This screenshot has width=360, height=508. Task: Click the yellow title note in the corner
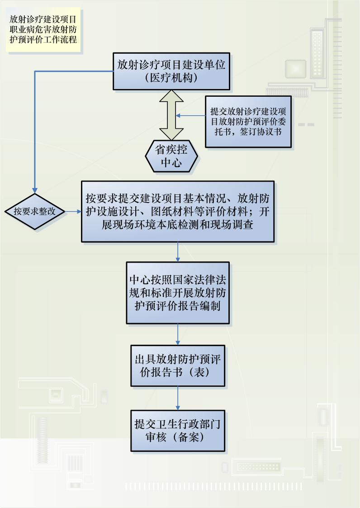pyautogui.click(x=43, y=30)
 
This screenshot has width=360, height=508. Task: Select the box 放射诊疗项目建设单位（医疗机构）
pyautogui.click(x=171, y=71)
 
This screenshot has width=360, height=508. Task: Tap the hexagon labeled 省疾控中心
pyautogui.click(x=171, y=156)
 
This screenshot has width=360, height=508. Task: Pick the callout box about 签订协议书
pyautogui.click(x=247, y=122)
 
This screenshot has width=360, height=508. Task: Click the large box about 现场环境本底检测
pyautogui.click(x=178, y=212)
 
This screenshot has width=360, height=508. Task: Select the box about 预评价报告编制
pyautogui.click(x=178, y=292)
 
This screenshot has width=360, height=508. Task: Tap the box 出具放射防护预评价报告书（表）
pyautogui.click(x=178, y=366)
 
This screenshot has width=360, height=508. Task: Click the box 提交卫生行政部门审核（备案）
pyautogui.click(x=178, y=431)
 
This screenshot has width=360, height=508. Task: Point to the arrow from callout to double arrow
pyautogui.click(x=190, y=116)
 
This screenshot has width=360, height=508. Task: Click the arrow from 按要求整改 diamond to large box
pyautogui.click(x=73, y=211)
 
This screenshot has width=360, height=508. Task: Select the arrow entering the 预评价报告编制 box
pyautogui.click(x=178, y=252)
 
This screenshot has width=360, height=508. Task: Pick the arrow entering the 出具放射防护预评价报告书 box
pyautogui.click(x=178, y=335)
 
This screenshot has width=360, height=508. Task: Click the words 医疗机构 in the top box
pyautogui.click(x=171, y=78)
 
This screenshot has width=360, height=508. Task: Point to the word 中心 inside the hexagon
pyautogui.click(x=171, y=163)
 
